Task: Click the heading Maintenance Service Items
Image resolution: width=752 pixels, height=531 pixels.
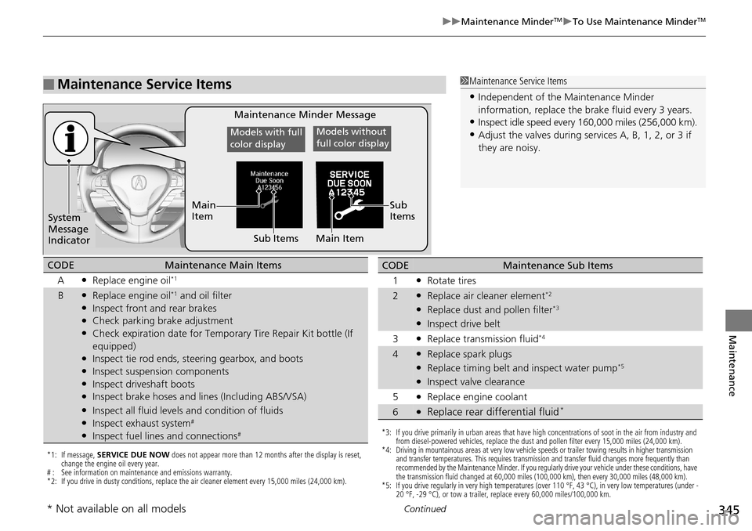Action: (x=144, y=85)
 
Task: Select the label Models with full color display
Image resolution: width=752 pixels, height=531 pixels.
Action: (x=266, y=138)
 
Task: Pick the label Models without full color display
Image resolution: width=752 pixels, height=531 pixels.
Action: (x=352, y=138)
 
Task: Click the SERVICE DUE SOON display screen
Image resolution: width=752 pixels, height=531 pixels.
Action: (x=349, y=194)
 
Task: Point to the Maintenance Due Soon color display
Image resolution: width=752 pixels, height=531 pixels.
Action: (x=269, y=194)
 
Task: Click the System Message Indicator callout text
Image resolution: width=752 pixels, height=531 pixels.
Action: (x=69, y=229)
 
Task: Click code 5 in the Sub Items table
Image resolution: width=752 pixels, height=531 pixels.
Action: (x=396, y=396)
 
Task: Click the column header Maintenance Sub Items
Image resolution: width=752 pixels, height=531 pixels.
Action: (x=557, y=265)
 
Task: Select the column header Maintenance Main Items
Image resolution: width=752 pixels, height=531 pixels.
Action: (x=223, y=265)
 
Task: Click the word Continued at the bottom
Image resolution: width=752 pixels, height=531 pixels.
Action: (x=427, y=509)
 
